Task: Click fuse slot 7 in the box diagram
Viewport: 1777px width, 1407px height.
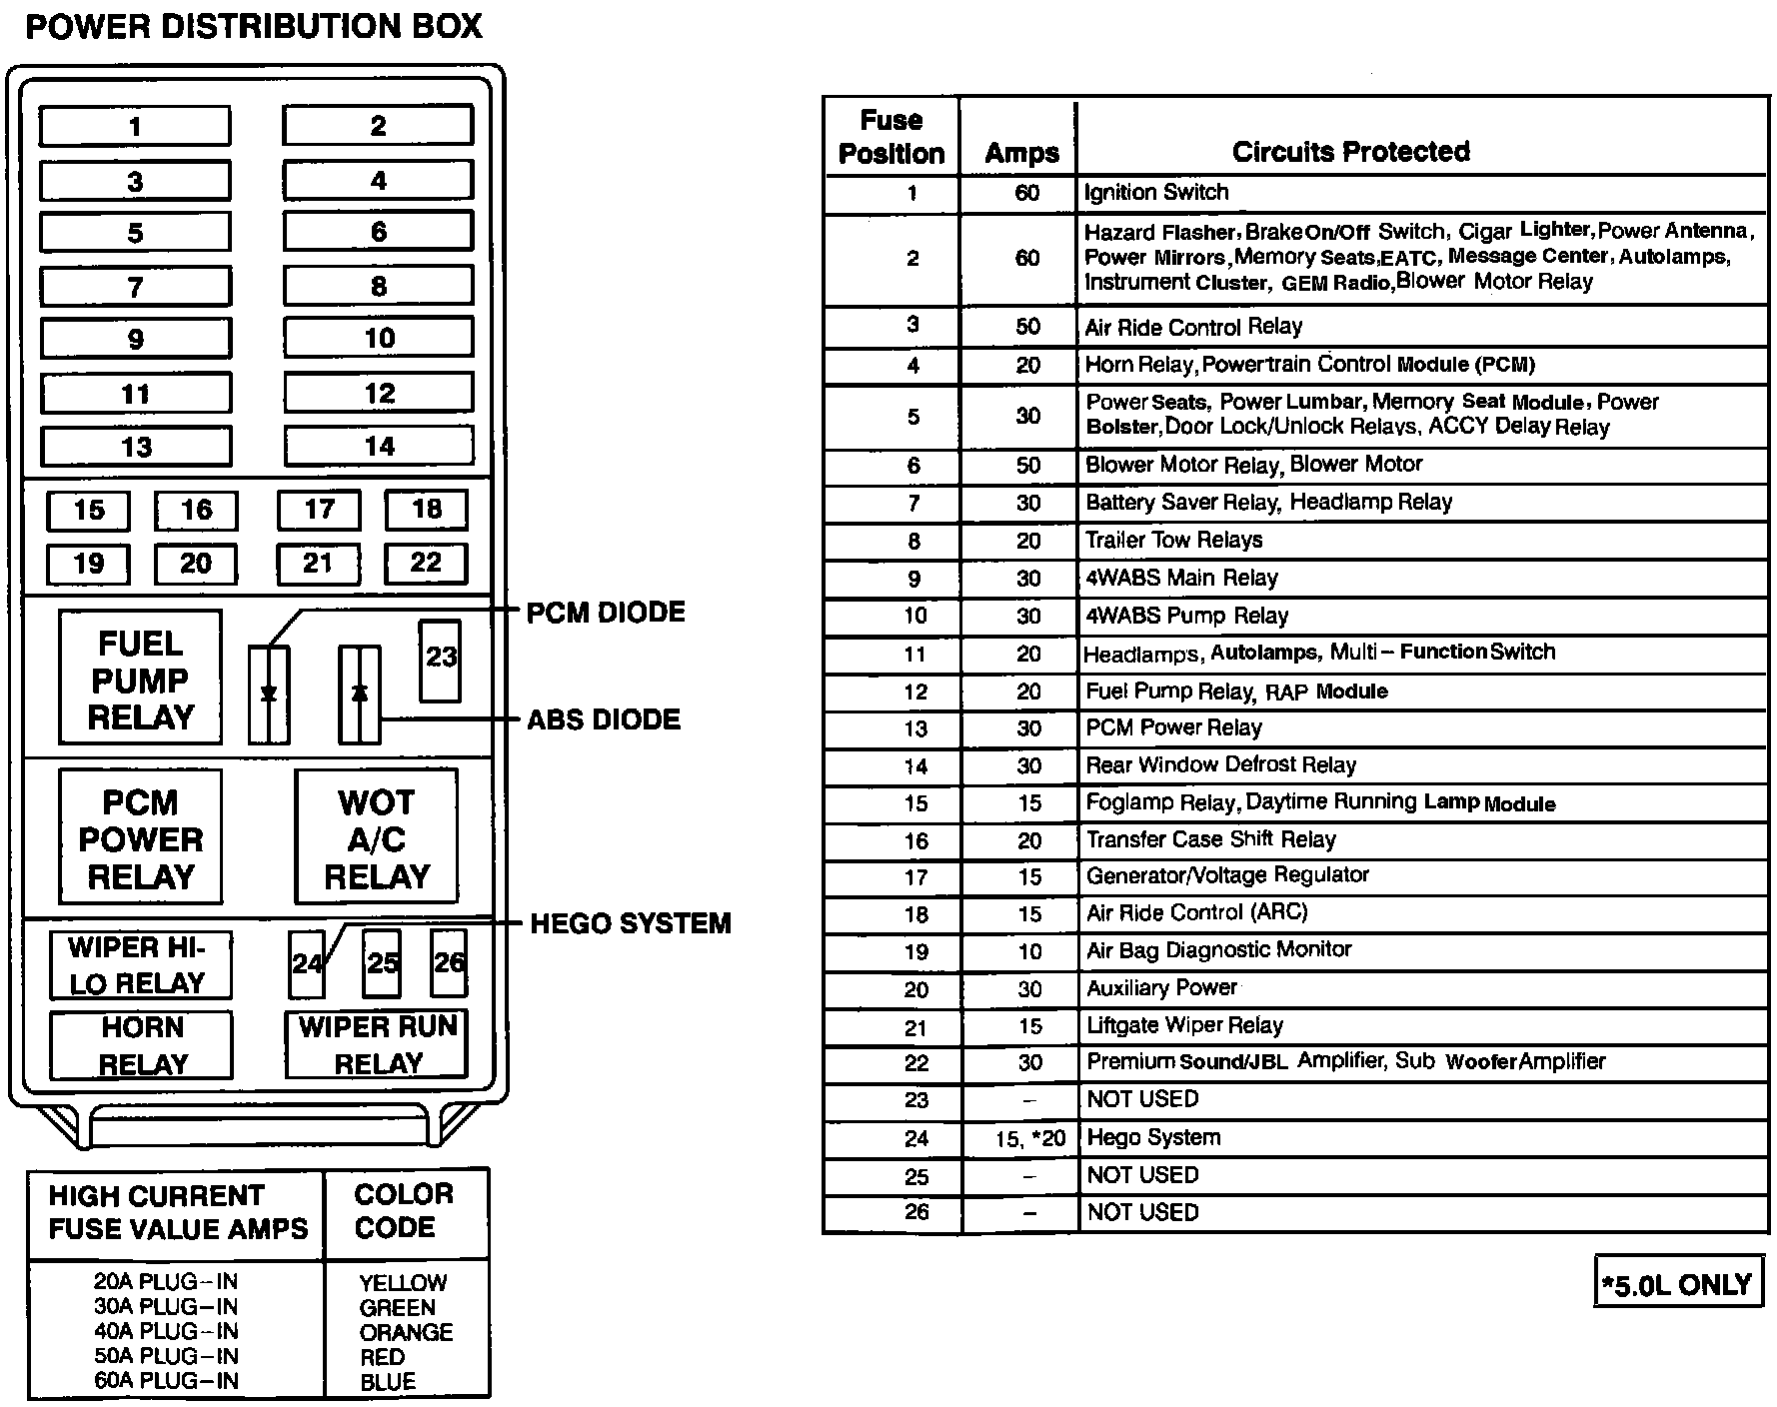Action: (135, 288)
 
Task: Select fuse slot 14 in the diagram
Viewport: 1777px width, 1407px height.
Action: (379, 446)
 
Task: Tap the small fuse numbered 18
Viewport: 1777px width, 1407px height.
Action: (427, 510)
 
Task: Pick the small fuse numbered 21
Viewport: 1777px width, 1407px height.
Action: (318, 564)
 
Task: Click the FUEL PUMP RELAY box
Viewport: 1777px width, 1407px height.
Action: (140, 679)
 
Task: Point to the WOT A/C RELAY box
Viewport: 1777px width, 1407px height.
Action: (377, 838)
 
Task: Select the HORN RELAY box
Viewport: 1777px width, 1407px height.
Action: (142, 1045)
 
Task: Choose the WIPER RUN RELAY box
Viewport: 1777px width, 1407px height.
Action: (377, 1044)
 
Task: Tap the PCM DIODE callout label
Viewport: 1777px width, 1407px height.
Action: (606, 613)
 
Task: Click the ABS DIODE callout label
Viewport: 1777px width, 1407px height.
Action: (604, 719)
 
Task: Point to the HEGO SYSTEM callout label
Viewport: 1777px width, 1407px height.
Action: (630, 923)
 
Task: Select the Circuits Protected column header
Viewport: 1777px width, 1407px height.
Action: (1350, 152)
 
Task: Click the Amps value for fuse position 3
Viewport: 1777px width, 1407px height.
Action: (1027, 327)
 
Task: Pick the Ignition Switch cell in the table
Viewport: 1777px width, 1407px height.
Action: (1156, 193)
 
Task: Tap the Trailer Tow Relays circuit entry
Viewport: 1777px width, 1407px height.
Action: (1174, 541)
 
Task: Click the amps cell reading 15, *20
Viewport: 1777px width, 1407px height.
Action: (1029, 1138)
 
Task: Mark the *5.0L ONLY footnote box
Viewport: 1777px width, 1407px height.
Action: (1677, 1284)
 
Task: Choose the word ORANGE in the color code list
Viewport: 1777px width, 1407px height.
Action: (406, 1332)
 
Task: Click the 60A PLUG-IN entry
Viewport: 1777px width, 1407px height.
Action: (166, 1381)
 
